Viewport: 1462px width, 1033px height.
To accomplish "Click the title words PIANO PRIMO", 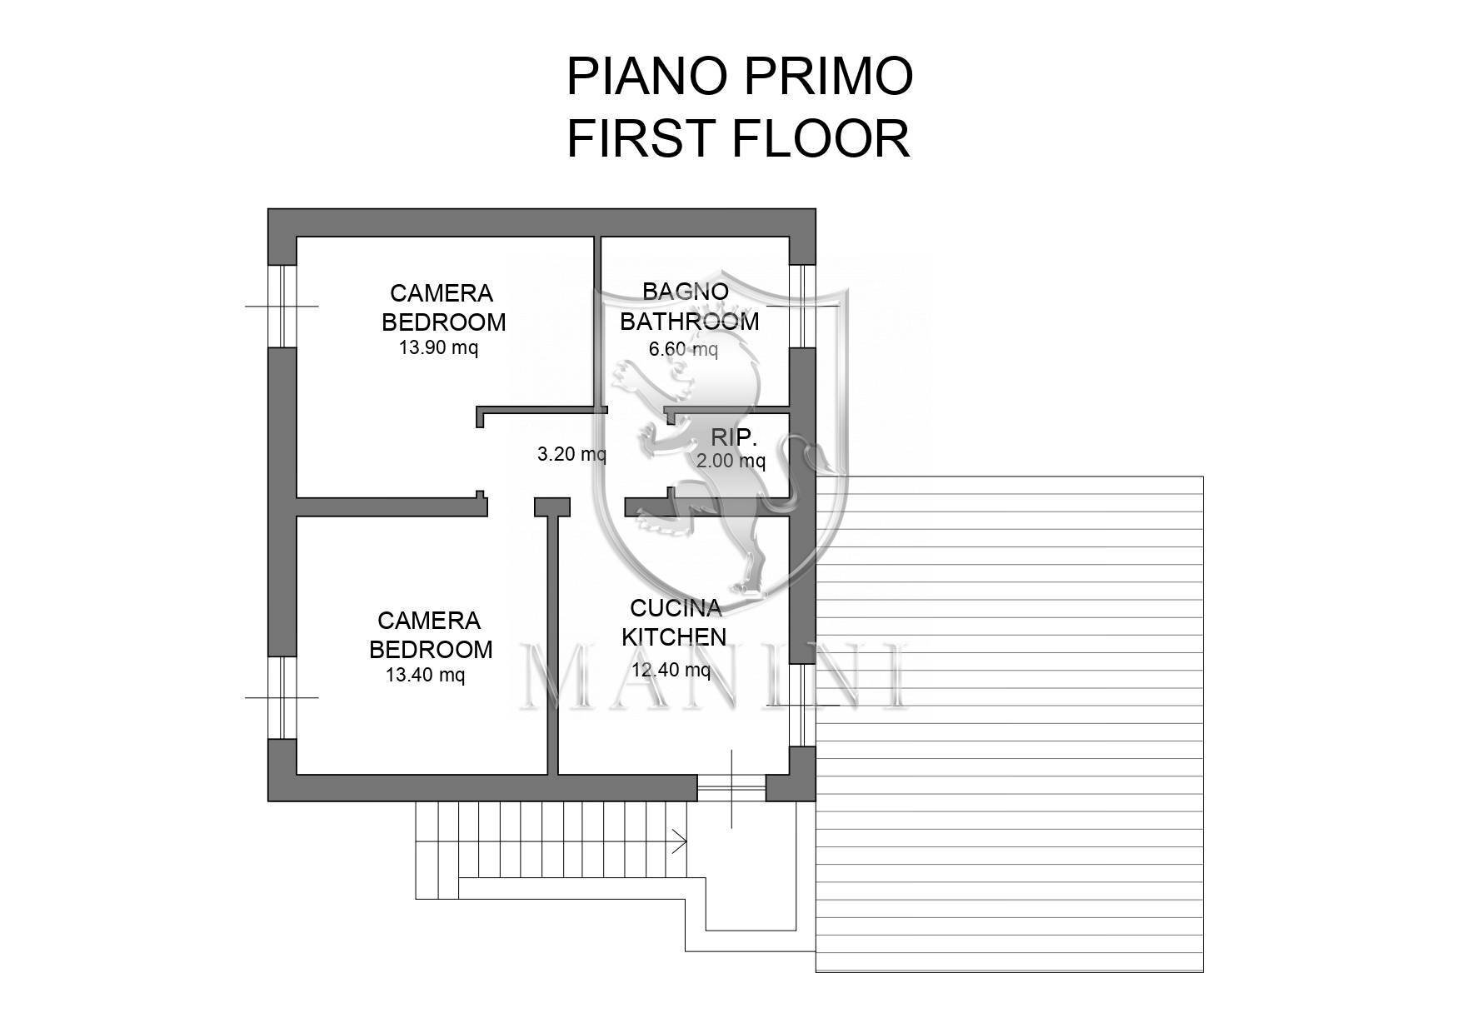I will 739,77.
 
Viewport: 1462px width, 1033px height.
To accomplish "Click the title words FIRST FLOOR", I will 738,138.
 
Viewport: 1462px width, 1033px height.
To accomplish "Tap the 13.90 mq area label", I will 438,348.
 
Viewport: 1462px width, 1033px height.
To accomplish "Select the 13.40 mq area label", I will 425,676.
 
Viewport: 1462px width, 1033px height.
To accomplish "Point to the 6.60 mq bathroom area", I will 682,350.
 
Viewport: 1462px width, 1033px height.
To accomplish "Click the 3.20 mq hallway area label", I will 571,455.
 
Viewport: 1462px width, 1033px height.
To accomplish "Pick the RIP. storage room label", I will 733,437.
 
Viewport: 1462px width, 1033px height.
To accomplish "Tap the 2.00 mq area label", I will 731,461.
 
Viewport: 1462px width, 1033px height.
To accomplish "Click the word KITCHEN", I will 674,637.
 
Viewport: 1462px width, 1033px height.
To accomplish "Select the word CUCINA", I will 676,608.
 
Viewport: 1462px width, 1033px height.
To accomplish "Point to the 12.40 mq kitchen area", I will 671,670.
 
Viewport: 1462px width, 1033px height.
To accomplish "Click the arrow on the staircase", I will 678,841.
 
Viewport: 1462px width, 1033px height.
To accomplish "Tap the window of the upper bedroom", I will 282,306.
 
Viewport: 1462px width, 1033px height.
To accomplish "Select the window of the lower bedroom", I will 282,697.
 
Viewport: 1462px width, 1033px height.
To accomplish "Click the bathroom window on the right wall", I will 801,306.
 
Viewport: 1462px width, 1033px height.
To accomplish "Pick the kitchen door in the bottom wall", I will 731,788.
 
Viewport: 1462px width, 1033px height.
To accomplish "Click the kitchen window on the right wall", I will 801,705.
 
